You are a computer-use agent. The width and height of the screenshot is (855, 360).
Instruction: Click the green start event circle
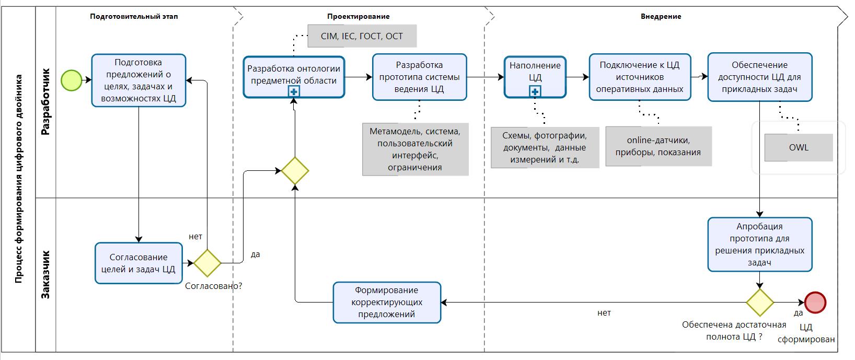point(71,80)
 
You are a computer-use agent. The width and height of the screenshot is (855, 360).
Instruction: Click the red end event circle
point(815,303)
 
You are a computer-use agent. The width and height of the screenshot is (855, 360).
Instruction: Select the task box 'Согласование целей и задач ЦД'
point(138,263)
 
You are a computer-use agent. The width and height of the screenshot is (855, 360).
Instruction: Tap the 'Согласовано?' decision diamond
point(207,263)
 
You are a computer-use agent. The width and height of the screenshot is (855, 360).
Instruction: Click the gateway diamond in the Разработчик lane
point(295,171)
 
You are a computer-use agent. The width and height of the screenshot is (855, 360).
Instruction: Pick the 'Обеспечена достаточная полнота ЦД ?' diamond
point(759,303)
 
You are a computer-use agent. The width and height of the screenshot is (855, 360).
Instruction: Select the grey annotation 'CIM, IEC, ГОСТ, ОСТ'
point(362,37)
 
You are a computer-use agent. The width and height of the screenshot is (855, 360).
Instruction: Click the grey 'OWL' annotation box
point(798,147)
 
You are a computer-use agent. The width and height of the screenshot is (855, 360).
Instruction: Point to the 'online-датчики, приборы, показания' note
point(658,146)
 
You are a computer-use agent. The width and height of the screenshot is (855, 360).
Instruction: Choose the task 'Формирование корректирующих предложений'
point(387,303)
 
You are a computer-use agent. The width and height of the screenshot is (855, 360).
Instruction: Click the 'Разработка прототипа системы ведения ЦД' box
point(419,77)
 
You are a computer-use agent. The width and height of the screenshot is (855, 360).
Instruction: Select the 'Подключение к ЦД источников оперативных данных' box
point(640,77)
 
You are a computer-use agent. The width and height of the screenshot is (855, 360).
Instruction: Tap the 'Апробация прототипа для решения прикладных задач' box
point(759,245)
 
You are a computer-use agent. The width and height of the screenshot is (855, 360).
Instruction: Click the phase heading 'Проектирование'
point(358,16)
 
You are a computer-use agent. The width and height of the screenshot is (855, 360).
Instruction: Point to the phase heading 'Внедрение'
point(661,16)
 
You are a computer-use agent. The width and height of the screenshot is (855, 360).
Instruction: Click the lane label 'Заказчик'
point(46,274)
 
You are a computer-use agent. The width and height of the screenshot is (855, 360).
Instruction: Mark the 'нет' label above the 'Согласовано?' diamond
point(195,237)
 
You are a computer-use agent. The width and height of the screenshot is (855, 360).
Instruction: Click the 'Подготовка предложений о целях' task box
point(138,80)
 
